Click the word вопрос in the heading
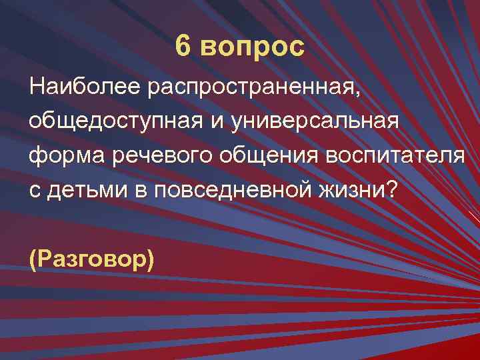click(x=252, y=48)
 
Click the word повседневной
click(x=241, y=190)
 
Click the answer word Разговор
click(x=92, y=257)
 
